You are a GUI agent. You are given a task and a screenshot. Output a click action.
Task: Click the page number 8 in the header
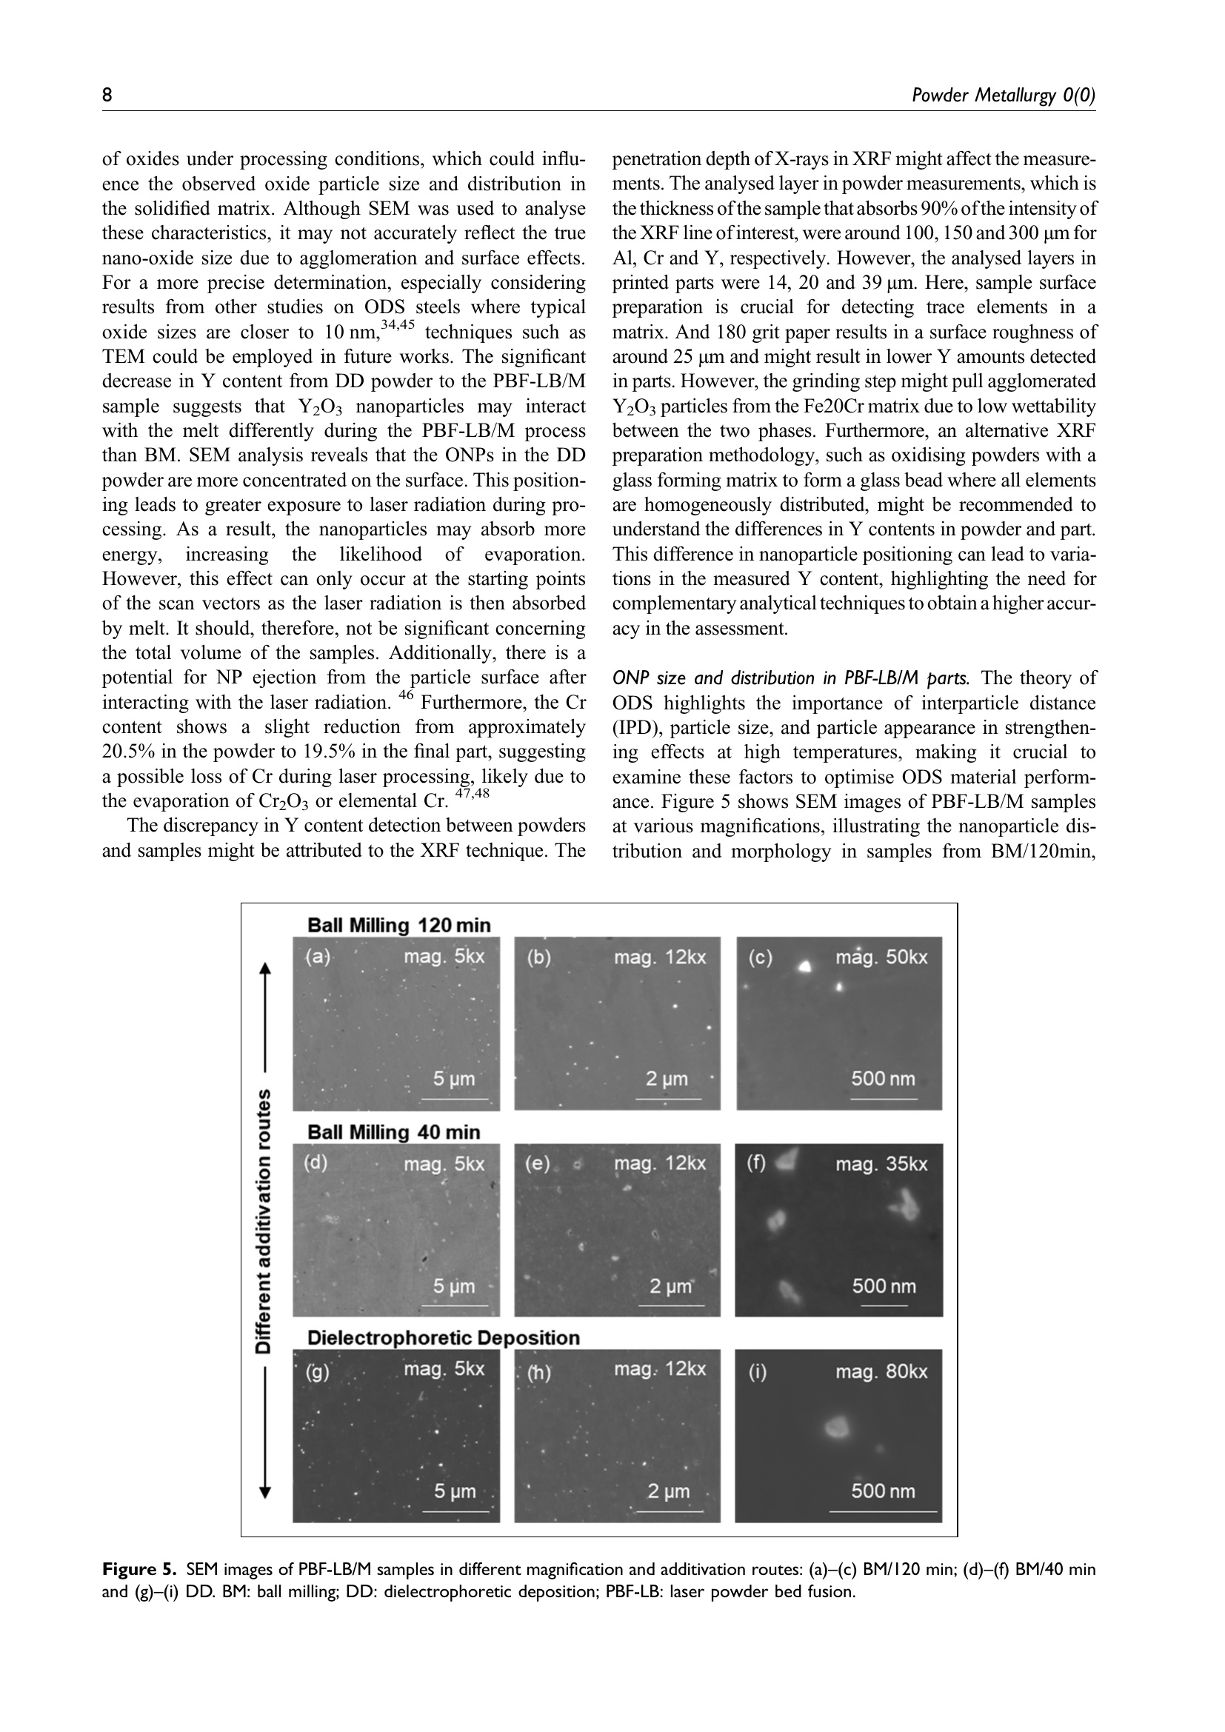[x=107, y=96]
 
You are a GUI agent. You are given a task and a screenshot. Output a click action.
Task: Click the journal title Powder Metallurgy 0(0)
[x=1003, y=96]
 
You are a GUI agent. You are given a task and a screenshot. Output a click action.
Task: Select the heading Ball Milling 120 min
[x=398, y=926]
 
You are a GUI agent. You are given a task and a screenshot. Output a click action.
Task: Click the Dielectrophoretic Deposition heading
[x=444, y=1338]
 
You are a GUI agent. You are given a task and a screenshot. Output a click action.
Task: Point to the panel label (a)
[x=318, y=957]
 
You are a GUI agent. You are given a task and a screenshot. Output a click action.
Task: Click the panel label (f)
[x=756, y=1163]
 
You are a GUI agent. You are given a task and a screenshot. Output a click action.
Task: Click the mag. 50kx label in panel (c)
[x=881, y=957]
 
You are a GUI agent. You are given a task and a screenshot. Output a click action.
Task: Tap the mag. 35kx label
[x=881, y=1164]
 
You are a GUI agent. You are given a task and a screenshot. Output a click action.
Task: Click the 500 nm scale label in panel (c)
[x=883, y=1079]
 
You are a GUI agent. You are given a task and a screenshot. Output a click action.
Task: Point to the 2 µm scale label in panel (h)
[x=668, y=1491]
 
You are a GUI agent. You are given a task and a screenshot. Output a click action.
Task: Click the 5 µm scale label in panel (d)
[x=454, y=1286]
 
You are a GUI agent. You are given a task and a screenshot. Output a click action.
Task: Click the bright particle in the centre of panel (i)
[x=835, y=1426]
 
